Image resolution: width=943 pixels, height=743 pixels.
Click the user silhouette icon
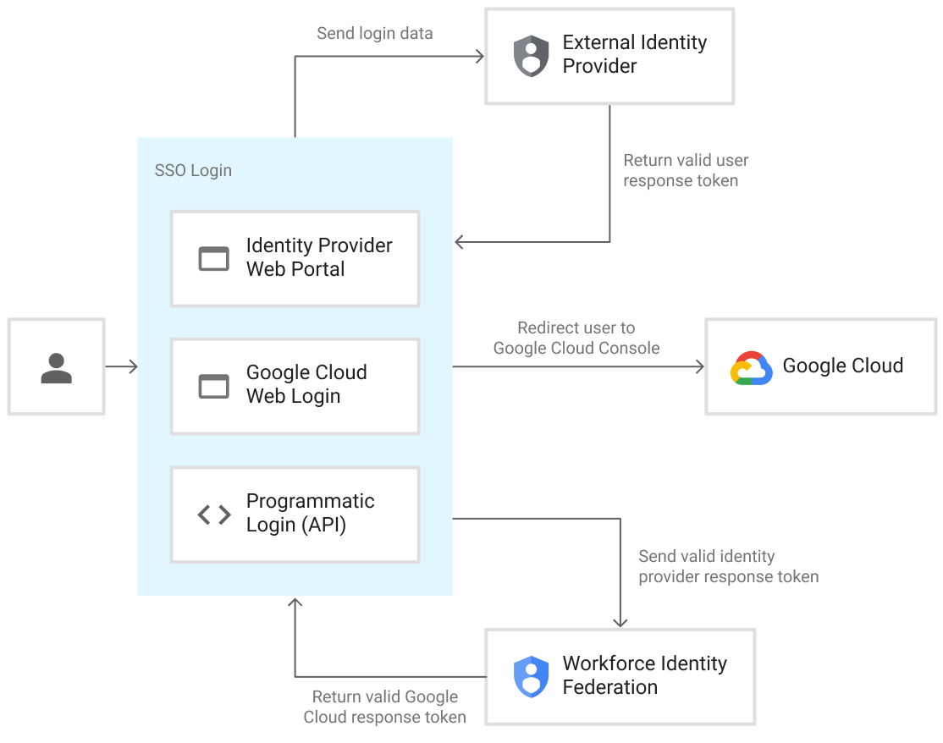click(56, 368)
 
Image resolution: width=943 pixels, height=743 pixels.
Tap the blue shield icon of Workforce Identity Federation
click(531, 676)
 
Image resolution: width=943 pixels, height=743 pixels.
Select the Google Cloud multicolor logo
click(751, 368)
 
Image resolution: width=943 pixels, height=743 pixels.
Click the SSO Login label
click(193, 171)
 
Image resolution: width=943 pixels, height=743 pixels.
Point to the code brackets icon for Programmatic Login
click(214, 514)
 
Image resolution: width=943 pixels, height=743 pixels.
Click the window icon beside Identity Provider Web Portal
click(213, 258)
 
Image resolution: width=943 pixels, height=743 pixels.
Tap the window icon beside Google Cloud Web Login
click(213, 386)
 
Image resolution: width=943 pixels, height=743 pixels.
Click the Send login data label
click(374, 34)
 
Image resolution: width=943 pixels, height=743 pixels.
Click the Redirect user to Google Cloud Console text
click(576, 338)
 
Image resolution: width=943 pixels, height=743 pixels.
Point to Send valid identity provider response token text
click(728, 566)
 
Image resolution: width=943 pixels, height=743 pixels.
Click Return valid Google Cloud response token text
click(385, 707)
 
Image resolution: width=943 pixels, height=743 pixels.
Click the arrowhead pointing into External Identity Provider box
click(479, 57)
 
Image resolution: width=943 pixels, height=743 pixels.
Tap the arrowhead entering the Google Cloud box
click(699, 366)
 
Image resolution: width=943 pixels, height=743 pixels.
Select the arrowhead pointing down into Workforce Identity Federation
click(620, 622)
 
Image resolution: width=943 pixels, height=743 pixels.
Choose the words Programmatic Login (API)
click(310, 513)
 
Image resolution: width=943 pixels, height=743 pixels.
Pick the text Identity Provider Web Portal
click(318, 257)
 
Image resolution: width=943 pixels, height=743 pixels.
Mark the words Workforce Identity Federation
click(644, 675)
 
